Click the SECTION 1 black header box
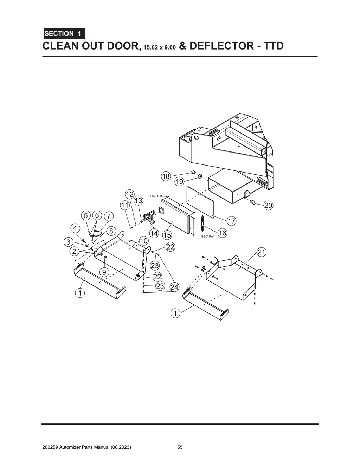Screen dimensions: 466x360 tap(64, 34)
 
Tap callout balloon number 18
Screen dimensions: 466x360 tap(166, 176)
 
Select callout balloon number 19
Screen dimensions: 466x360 tap(179, 181)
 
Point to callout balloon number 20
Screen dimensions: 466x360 tap(268, 206)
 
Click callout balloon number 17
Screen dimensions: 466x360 tap(231, 221)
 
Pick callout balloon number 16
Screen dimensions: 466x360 tap(222, 233)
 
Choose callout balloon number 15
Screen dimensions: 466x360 tap(167, 235)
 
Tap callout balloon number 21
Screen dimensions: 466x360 tap(262, 252)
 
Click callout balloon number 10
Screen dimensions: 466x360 tap(143, 241)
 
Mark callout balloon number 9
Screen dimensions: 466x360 tap(104, 272)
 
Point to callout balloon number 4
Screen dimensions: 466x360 tap(75, 228)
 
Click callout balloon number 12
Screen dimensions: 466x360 tap(129, 194)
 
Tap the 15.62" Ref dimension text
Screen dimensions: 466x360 tap(155, 196)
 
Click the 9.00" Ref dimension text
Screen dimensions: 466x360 tap(207, 237)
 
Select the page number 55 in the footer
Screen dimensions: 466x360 tap(180, 447)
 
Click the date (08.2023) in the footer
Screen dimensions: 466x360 tap(121, 447)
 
